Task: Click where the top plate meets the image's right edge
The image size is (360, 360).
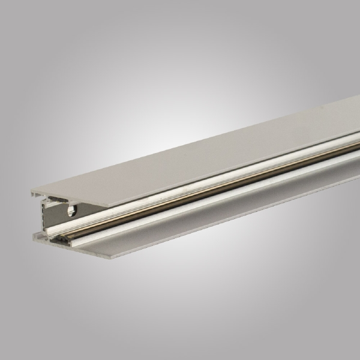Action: [358, 118]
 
